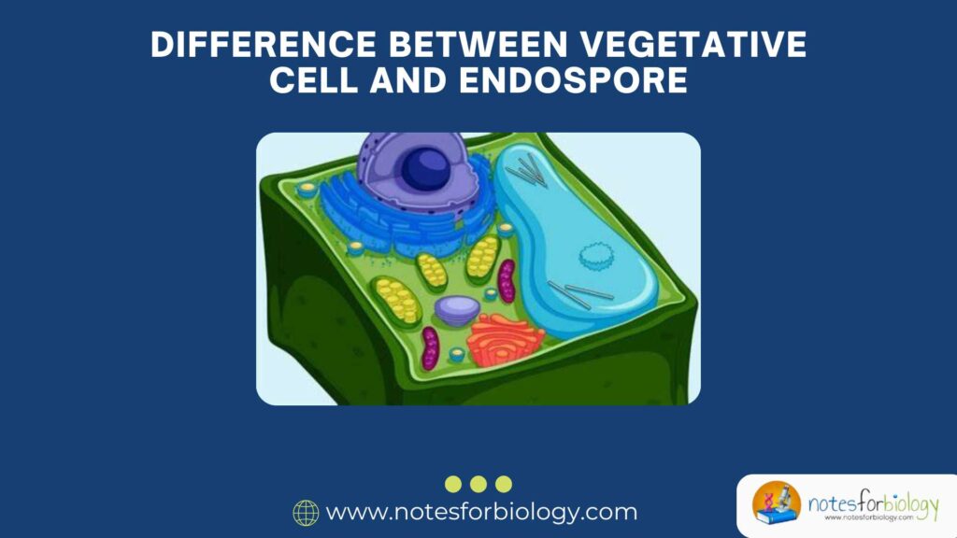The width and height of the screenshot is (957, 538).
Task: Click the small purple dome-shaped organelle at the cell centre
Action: pos(457,308)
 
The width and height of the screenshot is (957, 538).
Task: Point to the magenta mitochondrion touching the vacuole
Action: pos(507,280)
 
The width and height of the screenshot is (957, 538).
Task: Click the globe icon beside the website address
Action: pos(306,512)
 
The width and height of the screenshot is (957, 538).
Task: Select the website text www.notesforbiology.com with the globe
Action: pos(481,512)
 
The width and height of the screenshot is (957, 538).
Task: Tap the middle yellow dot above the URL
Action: pos(478,484)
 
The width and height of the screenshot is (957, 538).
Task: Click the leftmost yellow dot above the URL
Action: pos(454,484)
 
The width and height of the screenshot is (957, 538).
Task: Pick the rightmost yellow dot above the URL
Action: pos(504,484)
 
